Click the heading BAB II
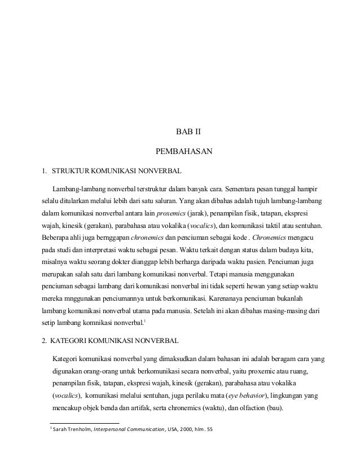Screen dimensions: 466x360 pyautogui.click(x=189, y=134)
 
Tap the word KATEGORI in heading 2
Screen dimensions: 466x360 pyautogui.click(x=73, y=341)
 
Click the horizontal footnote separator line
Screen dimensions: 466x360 pyautogui.click(x=85, y=423)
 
